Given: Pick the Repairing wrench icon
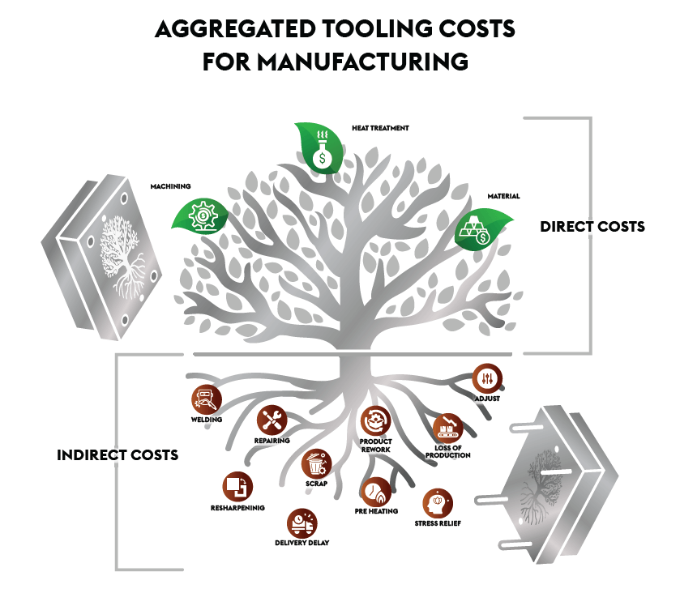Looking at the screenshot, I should click(271, 419).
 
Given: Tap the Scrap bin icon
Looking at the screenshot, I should click(316, 464).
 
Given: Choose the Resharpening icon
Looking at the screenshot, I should click(237, 485).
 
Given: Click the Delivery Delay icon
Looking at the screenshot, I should click(302, 523).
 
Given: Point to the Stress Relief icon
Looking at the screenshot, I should click(438, 502).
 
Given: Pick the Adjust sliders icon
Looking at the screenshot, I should click(487, 378).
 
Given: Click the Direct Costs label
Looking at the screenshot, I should click(592, 226).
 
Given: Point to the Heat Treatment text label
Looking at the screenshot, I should click(380, 128).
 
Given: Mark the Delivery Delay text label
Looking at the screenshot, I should click(302, 542).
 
